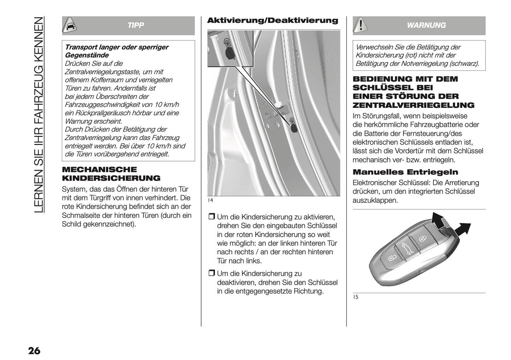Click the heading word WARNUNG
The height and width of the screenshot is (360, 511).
426,25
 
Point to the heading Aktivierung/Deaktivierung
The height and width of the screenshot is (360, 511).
272,21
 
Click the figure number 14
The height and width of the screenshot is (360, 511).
210,201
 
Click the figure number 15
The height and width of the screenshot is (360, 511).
355,297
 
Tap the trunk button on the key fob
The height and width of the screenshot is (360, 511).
407,250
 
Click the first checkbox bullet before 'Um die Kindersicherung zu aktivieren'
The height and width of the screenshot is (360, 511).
211,217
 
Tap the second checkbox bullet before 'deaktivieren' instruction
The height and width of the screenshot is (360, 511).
211,273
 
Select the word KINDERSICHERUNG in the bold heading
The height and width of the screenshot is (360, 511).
111,178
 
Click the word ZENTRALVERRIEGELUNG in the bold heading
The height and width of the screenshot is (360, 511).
413,105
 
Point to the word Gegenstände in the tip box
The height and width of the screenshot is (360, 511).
87,55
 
